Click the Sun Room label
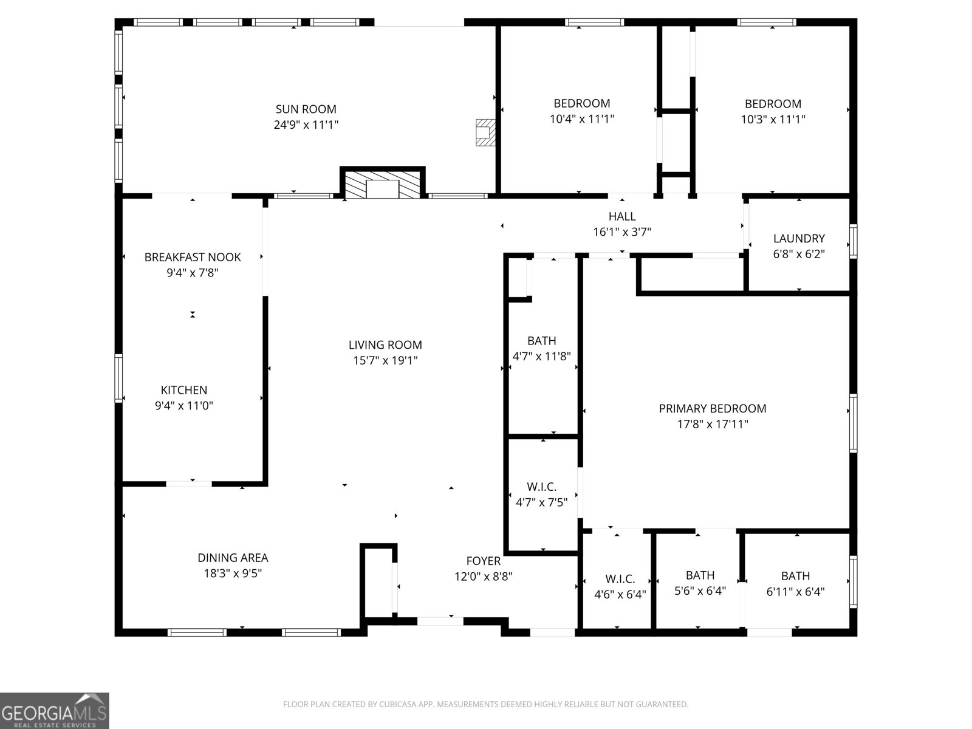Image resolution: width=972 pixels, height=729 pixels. (x=306, y=109)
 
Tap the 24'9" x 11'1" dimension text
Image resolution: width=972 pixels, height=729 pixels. (x=306, y=125)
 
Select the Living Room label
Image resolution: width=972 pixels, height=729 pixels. (x=385, y=345)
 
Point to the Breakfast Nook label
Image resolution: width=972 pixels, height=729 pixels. (x=193, y=257)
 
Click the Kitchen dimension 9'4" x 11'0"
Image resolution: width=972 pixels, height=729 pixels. (x=184, y=406)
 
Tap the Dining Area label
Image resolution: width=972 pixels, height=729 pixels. (x=233, y=558)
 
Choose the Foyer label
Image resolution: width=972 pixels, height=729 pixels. (x=484, y=561)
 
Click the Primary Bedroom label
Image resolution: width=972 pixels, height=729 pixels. (x=713, y=409)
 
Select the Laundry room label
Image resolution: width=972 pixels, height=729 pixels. (x=799, y=239)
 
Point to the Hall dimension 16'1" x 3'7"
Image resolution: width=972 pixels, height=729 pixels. (x=622, y=231)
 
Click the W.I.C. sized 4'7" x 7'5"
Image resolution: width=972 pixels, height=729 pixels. (x=542, y=486)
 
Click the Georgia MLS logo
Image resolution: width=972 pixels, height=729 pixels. (x=55, y=710)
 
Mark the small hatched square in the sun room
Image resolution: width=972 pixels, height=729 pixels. (x=485, y=132)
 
